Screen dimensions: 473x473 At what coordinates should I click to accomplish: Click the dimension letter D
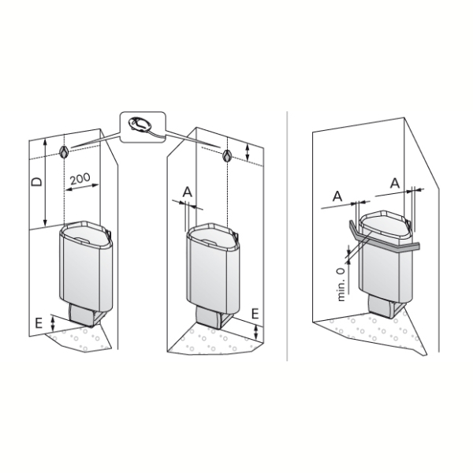tap(37, 181)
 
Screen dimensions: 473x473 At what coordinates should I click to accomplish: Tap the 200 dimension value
tap(80, 179)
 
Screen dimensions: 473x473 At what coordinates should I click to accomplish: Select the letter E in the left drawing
tap(39, 323)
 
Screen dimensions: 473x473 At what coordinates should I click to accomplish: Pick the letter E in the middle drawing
tap(255, 314)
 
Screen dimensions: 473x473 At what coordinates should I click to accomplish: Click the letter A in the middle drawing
tap(188, 192)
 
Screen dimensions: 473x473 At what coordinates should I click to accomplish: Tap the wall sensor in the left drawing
tap(64, 152)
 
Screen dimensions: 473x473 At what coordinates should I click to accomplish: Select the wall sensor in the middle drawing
tap(227, 155)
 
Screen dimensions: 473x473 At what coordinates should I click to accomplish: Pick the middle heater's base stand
tap(213, 318)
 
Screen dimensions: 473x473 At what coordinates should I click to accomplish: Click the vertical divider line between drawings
tap(287, 236)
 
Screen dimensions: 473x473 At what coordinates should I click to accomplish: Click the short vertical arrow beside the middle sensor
tap(248, 152)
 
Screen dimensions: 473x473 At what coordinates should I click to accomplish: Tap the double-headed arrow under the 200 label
tap(82, 188)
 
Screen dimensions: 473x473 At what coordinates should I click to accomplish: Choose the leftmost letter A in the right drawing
tap(337, 196)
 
